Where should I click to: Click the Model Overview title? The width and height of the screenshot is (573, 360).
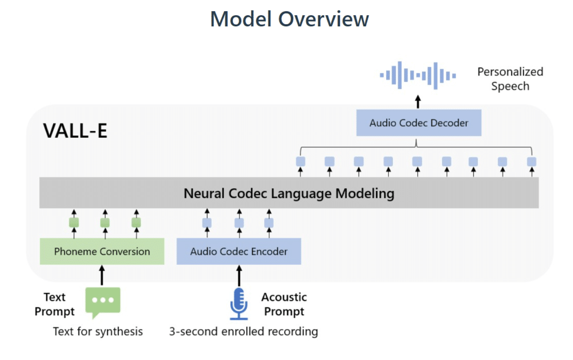(289, 20)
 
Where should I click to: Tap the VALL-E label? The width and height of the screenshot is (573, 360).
(75, 131)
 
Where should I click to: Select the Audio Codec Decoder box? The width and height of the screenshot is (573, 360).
(419, 123)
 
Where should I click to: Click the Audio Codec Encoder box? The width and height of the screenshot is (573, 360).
(239, 251)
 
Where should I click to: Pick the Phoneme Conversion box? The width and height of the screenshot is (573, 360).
(102, 251)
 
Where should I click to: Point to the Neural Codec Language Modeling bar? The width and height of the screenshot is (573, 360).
(289, 194)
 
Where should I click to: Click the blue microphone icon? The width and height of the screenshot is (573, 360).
(239, 303)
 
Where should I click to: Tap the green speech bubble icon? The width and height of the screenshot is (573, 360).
(102, 302)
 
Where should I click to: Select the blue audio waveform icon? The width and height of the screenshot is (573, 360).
(418, 75)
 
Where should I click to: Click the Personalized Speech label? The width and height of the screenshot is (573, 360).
(510, 79)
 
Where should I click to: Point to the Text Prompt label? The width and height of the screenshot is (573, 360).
(55, 304)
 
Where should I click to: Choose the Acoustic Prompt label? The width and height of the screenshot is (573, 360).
(284, 304)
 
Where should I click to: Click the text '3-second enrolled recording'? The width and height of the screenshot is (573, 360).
(243, 331)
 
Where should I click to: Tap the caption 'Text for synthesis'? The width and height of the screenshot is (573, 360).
(98, 331)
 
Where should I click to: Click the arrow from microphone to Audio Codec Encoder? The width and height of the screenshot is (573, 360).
(239, 275)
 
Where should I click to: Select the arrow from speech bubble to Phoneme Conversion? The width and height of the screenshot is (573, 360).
(102, 275)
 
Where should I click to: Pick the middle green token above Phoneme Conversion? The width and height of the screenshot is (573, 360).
(105, 223)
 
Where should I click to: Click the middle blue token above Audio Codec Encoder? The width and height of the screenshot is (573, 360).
(239, 223)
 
